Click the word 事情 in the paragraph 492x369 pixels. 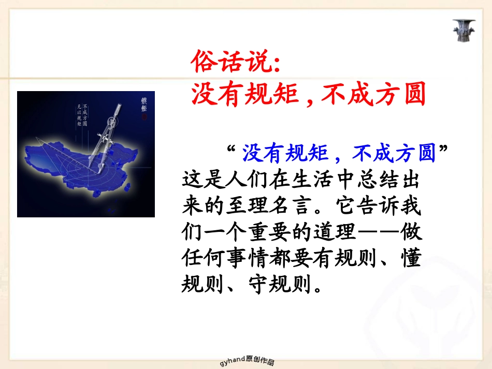pos(248,258)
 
